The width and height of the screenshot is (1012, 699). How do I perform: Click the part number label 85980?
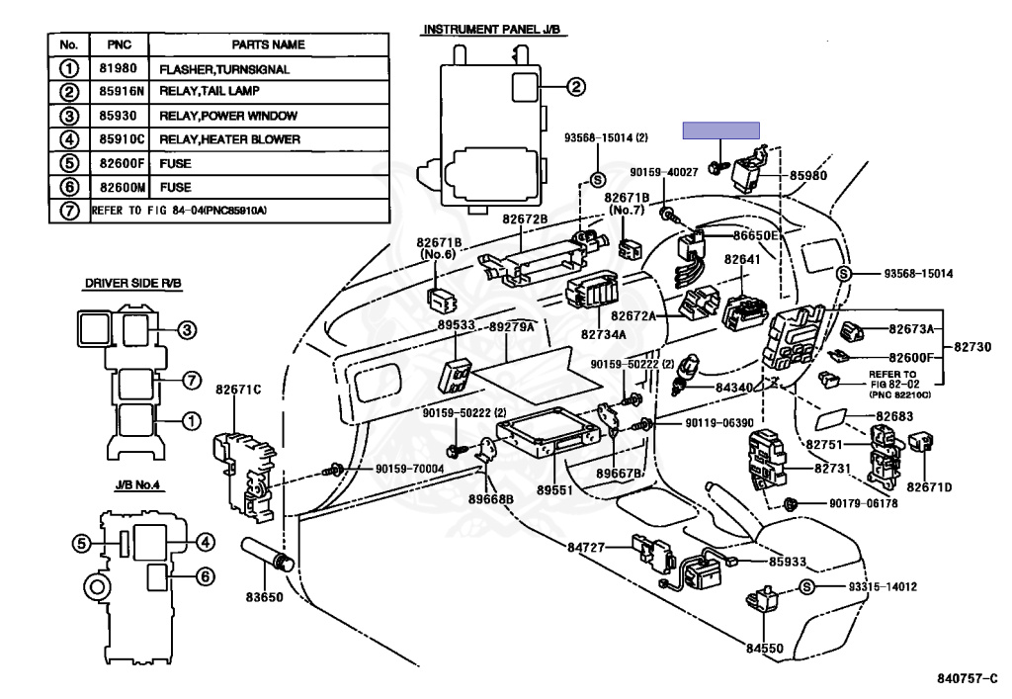click(808, 176)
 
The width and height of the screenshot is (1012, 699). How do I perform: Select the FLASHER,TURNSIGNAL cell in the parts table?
click(224, 69)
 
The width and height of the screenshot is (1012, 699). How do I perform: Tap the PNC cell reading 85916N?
click(119, 93)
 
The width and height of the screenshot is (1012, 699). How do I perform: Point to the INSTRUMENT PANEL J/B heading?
click(491, 31)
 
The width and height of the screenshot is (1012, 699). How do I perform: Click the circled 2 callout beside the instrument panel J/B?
click(576, 87)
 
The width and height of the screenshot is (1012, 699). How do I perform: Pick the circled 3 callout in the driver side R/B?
click(188, 330)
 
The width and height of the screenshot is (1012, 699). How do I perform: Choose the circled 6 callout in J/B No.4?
click(206, 576)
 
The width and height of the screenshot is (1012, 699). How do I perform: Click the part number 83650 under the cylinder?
click(264, 597)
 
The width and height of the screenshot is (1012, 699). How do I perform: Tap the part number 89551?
click(556, 489)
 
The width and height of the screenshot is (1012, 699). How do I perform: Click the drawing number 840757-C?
click(968, 678)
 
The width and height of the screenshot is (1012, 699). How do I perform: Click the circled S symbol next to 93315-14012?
click(806, 587)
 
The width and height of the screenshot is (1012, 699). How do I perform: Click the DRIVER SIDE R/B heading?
click(131, 284)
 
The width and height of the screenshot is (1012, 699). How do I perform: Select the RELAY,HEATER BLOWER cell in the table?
click(230, 140)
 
